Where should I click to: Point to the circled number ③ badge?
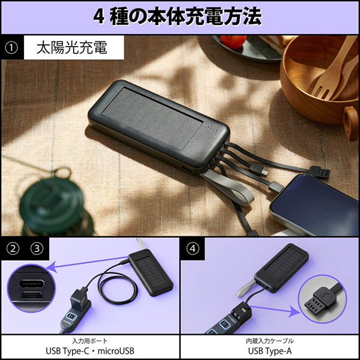37,248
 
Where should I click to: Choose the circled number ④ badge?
193,248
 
